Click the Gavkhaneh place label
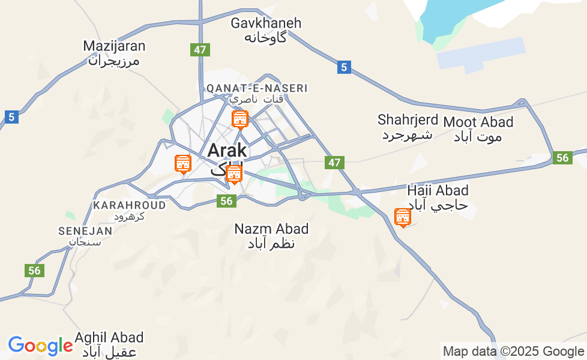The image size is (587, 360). click(266, 29)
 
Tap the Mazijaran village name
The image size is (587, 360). click(114, 53)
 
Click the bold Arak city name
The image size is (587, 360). click(227, 151)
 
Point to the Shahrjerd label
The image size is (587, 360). click(408, 126)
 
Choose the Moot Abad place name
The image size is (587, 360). click(478, 129)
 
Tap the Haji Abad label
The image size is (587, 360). click(437, 197)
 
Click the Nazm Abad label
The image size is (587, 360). click(271, 236)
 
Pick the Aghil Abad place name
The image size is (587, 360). click(109, 344)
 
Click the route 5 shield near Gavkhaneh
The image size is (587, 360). click(344, 67)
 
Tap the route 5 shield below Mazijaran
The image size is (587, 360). click(12, 116)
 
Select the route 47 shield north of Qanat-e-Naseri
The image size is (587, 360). click(200, 50)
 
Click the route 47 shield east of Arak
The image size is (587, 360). click(334, 162)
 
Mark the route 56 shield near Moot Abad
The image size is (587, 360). click(562, 158)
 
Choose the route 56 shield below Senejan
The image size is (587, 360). click(35, 271)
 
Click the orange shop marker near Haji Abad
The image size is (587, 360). click(402, 217)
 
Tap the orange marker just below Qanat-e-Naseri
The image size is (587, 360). click(239, 119)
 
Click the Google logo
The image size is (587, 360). click(40, 346)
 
